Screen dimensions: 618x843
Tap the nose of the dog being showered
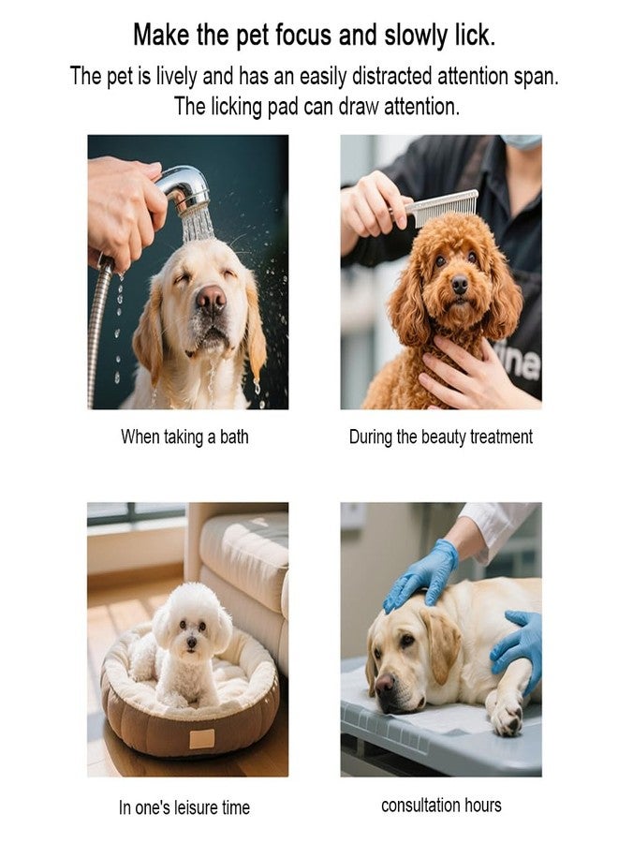[212, 298]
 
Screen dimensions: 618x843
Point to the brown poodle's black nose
[460, 284]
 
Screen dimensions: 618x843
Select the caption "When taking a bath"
[184, 436]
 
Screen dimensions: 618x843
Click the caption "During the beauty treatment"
[441, 436]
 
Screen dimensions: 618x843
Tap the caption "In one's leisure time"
[184, 807]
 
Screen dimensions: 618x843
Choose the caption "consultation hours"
[441, 805]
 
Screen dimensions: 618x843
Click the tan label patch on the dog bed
[202, 739]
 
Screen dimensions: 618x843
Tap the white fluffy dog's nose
[191, 642]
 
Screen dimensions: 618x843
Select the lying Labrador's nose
[385, 685]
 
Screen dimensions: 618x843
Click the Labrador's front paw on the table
[507, 717]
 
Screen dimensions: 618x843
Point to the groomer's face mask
[521, 141]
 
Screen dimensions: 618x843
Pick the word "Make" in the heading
[161, 35]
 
